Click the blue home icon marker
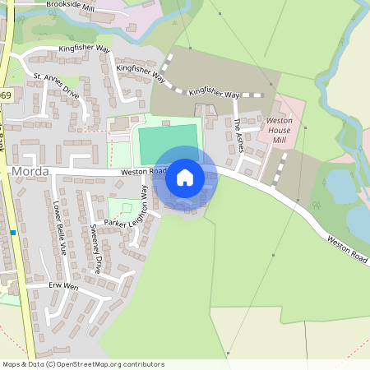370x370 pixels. (185, 178)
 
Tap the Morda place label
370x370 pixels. (30, 170)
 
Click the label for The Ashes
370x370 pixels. (238, 136)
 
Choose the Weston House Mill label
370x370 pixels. (280, 131)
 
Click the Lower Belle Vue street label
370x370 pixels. (58, 227)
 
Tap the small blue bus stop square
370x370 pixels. (14, 233)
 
